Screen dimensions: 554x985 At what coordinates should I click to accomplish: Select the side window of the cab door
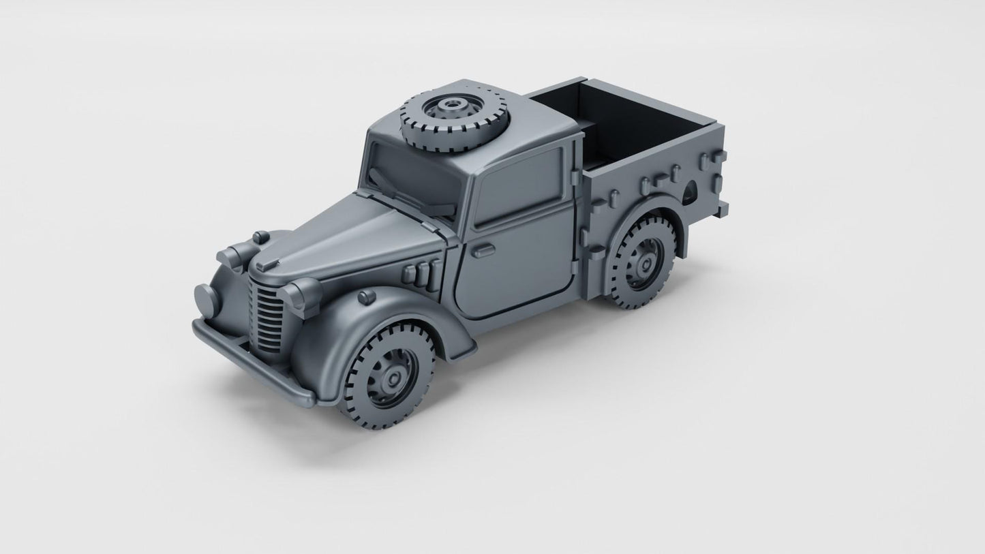coord(518,185)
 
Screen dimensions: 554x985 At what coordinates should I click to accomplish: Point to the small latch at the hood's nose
coord(270,263)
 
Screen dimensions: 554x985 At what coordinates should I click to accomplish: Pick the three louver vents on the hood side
coord(419,273)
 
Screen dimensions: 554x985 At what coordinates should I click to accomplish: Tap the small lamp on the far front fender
coord(260,237)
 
